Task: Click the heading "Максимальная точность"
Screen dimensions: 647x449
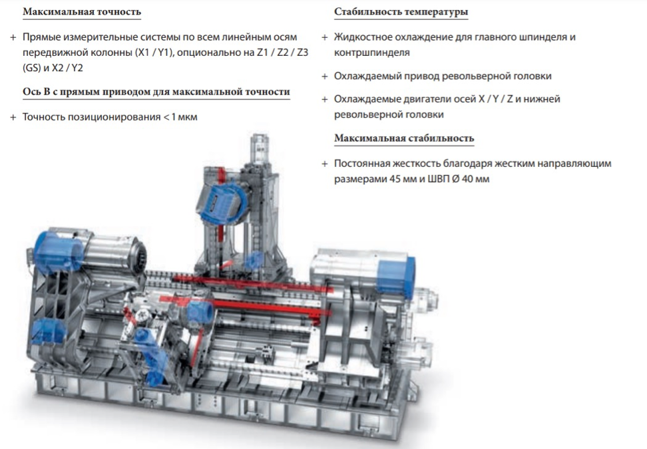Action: pos(82,11)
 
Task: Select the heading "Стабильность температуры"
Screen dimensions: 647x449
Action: pos(401,12)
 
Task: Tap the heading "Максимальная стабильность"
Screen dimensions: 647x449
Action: pos(404,138)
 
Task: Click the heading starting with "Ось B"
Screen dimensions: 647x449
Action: pos(156,92)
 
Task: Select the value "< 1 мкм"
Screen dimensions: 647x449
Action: pos(180,117)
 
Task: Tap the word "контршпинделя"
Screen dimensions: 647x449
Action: pos(372,53)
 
